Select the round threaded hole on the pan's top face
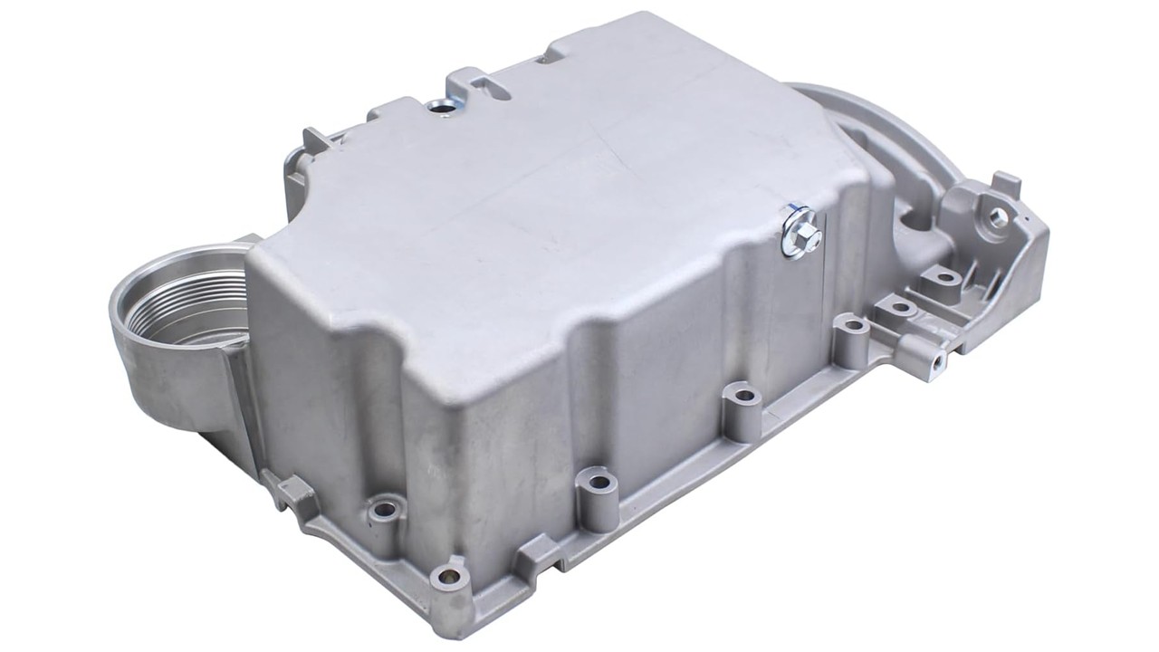coord(443,108)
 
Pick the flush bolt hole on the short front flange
coord(385,509)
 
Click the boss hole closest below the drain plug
coord(852,323)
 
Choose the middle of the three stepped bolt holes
coord(901,307)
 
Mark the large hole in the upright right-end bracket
coord(998,216)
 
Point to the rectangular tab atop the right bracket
coord(1007,184)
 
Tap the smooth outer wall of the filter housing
coord(168,380)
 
